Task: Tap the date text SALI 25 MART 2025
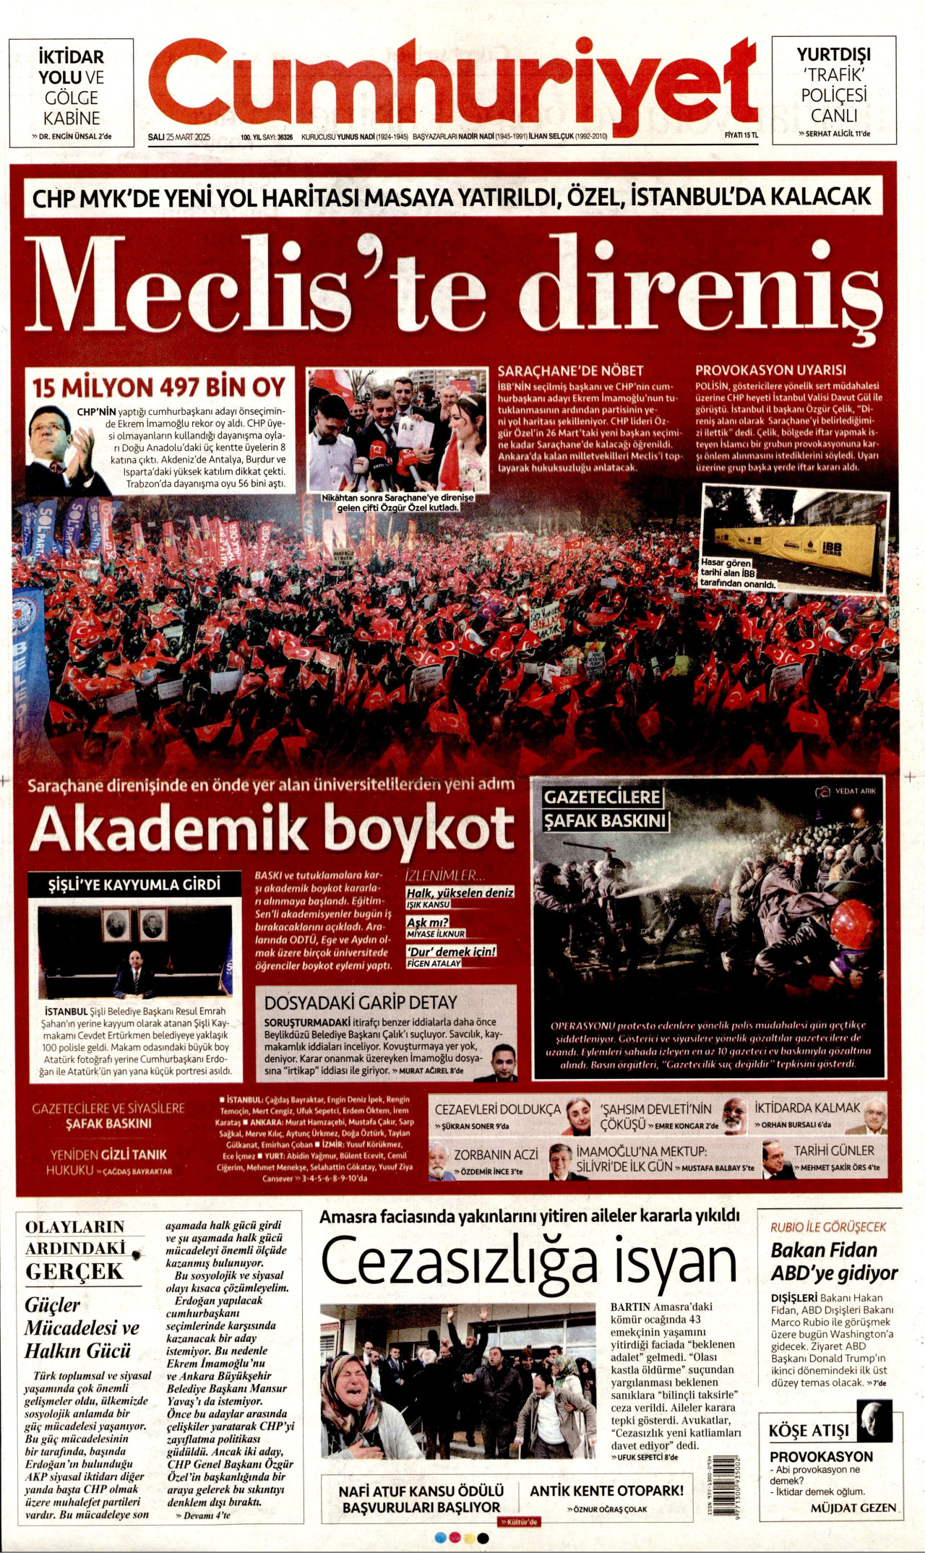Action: [x=178, y=137]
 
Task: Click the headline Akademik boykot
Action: [x=272, y=827]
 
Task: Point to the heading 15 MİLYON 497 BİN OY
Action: [x=159, y=387]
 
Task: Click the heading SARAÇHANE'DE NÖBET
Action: [x=570, y=371]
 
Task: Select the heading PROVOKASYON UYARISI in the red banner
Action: [x=770, y=370]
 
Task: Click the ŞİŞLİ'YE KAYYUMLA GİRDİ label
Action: [x=134, y=885]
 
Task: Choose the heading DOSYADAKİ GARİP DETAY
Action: [x=361, y=1002]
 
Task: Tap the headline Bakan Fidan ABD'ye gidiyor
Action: [x=834, y=1261]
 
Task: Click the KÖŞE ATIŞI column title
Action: [x=809, y=1430]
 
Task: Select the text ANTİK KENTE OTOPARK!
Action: [x=606, y=1491]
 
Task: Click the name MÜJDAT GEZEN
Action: [x=853, y=1507]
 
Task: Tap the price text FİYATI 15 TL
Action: [x=741, y=135]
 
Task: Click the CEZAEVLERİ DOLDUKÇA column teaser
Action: [x=497, y=1109]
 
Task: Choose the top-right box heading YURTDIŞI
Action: [x=833, y=54]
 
